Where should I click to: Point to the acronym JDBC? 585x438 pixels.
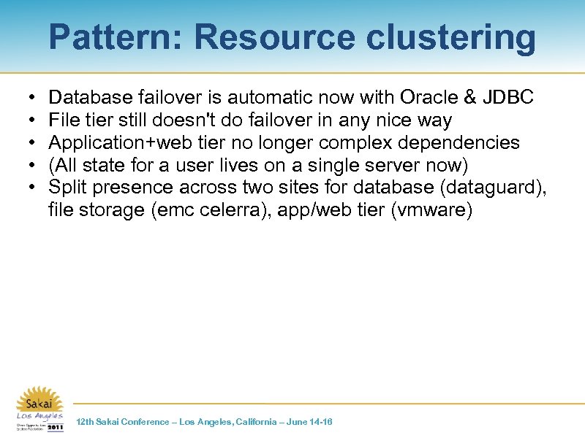point(510,97)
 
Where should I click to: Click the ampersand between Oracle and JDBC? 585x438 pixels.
point(472,97)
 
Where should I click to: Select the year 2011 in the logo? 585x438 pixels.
point(55,427)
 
